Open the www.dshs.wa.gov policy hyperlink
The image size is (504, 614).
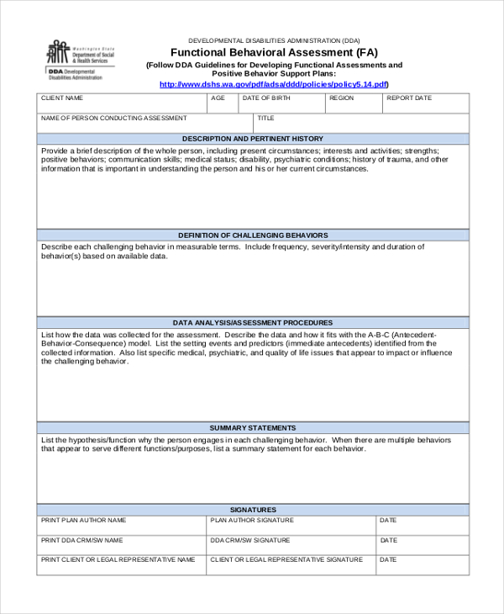click(x=274, y=84)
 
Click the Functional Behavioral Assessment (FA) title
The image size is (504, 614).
click(x=274, y=52)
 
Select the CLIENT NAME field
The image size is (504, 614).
click(x=122, y=103)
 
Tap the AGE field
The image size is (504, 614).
click(x=223, y=103)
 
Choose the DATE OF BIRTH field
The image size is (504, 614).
click(x=281, y=103)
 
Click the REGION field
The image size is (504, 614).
click(x=354, y=103)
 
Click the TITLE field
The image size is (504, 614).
click(x=361, y=124)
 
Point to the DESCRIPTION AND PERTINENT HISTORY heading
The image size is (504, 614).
click(x=253, y=139)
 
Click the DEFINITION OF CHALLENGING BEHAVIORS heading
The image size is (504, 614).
click(x=253, y=236)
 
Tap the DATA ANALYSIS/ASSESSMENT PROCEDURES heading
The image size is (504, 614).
click(x=253, y=323)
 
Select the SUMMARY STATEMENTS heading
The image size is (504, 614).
click(x=253, y=428)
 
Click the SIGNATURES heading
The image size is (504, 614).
click(x=253, y=510)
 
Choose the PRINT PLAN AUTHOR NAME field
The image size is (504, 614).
click(x=122, y=526)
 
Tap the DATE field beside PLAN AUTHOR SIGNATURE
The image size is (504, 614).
click(x=423, y=526)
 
